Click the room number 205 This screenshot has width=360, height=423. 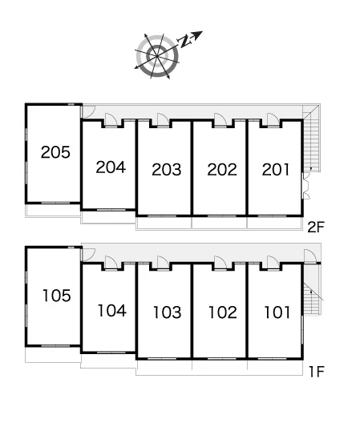click(x=55, y=152)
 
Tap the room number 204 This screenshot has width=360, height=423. click(x=111, y=167)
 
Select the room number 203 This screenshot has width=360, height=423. click(x=166, y=170)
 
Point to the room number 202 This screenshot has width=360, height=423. click(x=222, y=170)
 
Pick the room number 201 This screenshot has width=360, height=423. click(x=276, y=170)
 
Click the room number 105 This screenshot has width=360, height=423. click(x=57, y=295)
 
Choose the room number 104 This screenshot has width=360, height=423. click(x=111, y=311)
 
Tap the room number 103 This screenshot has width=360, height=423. click(x=168, y=312)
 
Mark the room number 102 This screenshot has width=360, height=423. click(x=223, y=312)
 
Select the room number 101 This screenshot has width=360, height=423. click(x=277, y=312)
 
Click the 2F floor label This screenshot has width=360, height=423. click(x=316, y=227)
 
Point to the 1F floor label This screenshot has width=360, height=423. click(x=316, y=372)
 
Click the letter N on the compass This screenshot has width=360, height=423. click(x=184, y=41)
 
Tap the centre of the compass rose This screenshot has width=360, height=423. click(x=157, y=56)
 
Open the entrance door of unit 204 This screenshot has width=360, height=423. click(x=111, y=120)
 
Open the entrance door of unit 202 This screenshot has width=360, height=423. click(x=220, y=120)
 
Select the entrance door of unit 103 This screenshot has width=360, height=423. click(x=164, y=263)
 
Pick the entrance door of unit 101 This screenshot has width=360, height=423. click(x=273, y=263)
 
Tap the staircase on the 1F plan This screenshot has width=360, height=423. click(x=313, y=299)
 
